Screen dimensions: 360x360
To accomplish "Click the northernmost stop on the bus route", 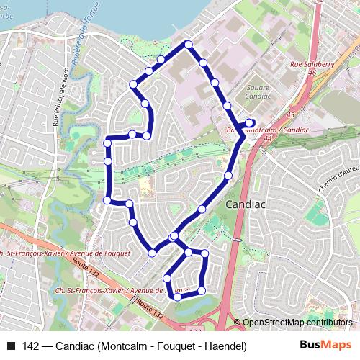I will click(189, 45).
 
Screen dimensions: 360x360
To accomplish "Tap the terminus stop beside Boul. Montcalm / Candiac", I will click(251, 122).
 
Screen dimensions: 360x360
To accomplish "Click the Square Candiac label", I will click(257, 91).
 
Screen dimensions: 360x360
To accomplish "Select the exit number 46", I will click(312, 73).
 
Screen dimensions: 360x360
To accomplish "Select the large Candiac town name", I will click(246, 204).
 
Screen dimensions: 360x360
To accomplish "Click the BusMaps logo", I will click(325, 346).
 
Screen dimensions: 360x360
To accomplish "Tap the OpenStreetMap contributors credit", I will click(297, 323).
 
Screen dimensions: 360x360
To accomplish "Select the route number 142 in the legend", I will click(31, 346).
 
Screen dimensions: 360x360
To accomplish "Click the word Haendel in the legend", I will click(226, 346).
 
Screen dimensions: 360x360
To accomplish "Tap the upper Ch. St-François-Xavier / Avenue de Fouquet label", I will click(65, 253).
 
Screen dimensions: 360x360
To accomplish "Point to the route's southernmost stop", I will click(177, 296).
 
